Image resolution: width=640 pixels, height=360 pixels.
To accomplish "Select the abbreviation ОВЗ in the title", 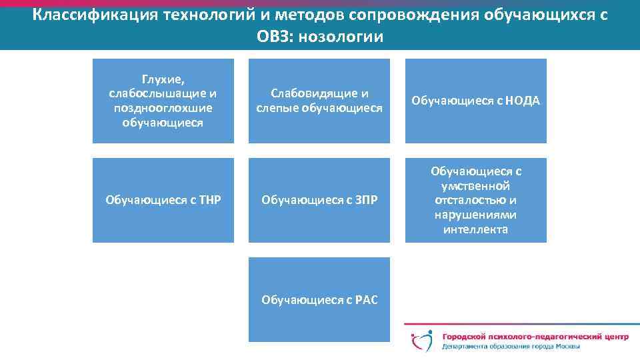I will pos(275,37).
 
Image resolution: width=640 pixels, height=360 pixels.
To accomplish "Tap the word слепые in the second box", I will pos(276,108).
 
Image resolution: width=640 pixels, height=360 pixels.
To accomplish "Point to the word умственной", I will pos(475,185).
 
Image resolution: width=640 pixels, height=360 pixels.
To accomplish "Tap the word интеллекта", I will pos(475,229).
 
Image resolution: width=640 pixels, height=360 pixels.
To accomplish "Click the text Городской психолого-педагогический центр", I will pos(535,337).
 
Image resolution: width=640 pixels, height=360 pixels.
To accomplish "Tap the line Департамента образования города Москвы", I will pos(511,347).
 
